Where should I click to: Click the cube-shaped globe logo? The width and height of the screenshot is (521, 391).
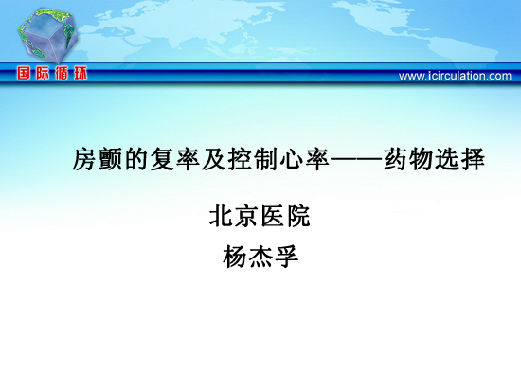tap(48, 36)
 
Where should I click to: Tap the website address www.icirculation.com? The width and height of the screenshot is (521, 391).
tap(455, 76)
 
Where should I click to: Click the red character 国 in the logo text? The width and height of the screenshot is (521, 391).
tap(24, 73)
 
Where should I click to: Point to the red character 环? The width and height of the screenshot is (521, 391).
tap(81, 73)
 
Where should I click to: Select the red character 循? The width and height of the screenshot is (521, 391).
tap(62, 73)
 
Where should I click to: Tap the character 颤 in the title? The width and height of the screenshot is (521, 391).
tap(111, 159)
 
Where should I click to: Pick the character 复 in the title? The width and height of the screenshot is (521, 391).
tap(162, 159)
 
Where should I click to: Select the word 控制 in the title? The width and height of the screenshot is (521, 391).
tap(253, 159)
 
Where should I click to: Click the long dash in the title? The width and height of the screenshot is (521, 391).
tap(356, 160)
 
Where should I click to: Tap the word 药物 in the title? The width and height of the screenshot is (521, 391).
tap(408, 159)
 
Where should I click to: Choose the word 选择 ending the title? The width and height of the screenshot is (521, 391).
tap(460, 159)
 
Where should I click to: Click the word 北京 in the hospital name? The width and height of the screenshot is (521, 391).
tap(234, 216)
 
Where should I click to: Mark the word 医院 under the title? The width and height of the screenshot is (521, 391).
tap(285, 216)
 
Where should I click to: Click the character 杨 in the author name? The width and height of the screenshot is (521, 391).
tap(235, 257)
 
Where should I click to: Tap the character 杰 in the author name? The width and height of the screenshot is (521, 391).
tap(260, 257)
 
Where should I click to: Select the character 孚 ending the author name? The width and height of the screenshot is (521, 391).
tap(286, 257)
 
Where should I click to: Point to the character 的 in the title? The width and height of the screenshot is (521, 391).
tap(136, 159)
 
